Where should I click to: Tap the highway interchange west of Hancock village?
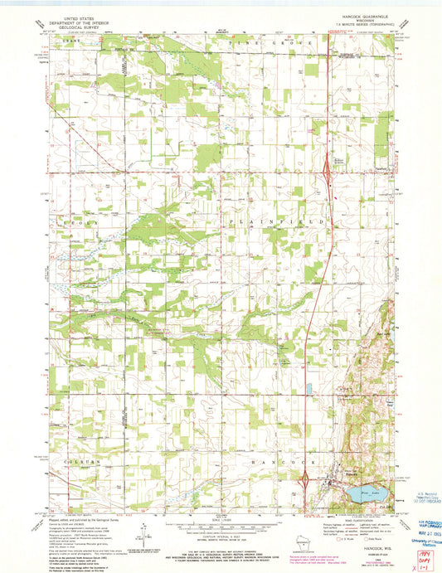click(305, 478)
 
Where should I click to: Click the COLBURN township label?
click(69, 461)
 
